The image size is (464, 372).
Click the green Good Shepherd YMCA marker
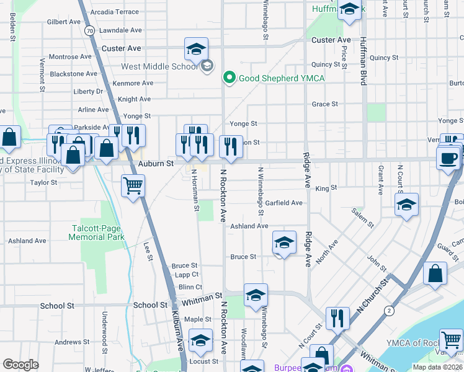coord(229,78)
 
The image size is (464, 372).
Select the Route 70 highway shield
coord(90,30)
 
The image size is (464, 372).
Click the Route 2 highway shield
coord(389,309)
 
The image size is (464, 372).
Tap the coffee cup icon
coord(448,158)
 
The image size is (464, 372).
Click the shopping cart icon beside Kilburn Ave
coord(133,185)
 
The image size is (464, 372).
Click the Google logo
coord(20,364)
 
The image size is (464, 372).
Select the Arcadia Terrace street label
coord(114,12)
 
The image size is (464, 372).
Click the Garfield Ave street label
coord(283,203)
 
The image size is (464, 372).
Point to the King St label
coord(326,188)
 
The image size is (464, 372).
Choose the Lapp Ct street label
coord(186,274)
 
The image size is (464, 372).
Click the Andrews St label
coord(68,342)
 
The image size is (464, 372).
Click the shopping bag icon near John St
coord(435,273)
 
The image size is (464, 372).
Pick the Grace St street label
coord(324,104)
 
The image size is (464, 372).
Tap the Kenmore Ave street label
coord(133,83)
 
